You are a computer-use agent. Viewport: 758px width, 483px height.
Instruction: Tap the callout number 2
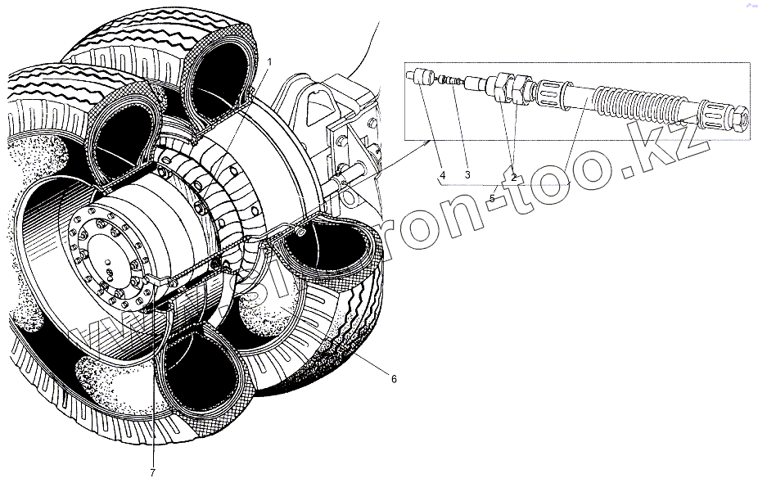pos(513,176)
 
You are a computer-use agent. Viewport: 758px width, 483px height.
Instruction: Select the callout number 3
pos(467,175)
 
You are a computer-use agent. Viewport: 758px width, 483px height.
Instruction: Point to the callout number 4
pos(442,175)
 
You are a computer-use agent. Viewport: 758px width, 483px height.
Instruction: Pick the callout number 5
pos(492,198)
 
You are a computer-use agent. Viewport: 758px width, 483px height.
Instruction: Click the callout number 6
pos(394,379)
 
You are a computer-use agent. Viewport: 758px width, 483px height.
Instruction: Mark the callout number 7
pos(152,472)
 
